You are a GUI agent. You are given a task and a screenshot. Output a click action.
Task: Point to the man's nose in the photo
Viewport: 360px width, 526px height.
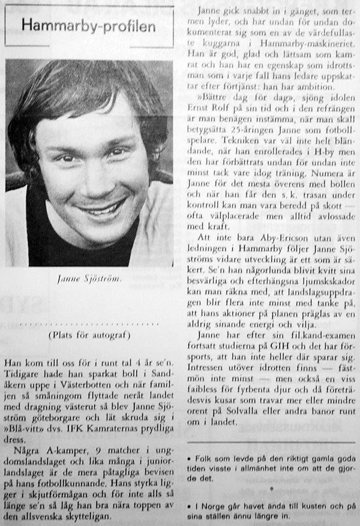97,179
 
